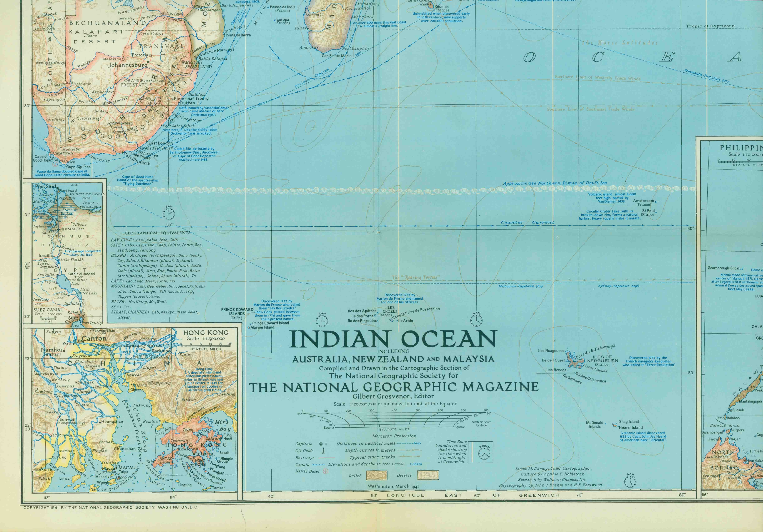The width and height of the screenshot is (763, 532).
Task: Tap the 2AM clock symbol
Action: [x=169, y=213]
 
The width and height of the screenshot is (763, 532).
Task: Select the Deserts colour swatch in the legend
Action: [x=428, y=475]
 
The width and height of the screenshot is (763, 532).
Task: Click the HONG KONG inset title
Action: [x=206, y=332]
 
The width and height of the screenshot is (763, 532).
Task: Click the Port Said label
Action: [x=46, y=186]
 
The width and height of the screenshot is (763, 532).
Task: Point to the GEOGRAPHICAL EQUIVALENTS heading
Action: [x=157, y=233]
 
